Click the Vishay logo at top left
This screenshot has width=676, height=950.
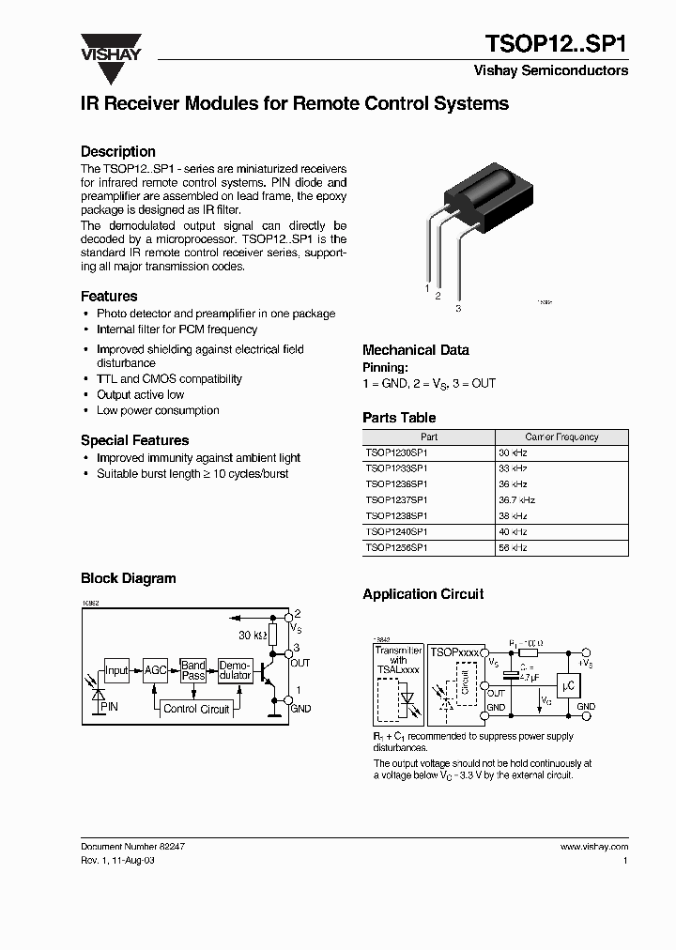pyautogui.click(x=110, y=48)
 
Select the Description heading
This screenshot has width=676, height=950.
pyautogui.click(x=118, y=151)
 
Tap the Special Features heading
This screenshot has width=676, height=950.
pyautogui.click(x=134, y=440)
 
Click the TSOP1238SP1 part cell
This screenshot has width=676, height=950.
pyautogui.click(x=397, y=516)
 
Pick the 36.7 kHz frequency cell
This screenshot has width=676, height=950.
pyautogui.click(x=517, y=500)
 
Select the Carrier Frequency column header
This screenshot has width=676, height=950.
pyautogui.click(x=561, y=437)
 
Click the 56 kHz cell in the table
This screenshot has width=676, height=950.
pyautogui.click(x=513, y=546)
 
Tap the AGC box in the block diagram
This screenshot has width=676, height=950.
pyautogui.click(x=155, y=670)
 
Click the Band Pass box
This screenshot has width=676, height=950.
pyautogui.click(x=193, y=670)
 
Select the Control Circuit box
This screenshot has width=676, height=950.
pyautogui.click(x=196, y=709)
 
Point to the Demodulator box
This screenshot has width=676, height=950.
pyautogui.click(x=234, y=670)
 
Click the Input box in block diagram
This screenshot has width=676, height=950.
pyautogui.click(x=116, y=670)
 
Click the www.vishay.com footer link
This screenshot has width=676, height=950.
pyautogui.click(x=594, y=846)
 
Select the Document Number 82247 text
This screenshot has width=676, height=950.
pyautogui.click(x=132, y=846)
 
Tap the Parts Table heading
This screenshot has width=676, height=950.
pyautogui.click(x=399, y=418)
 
